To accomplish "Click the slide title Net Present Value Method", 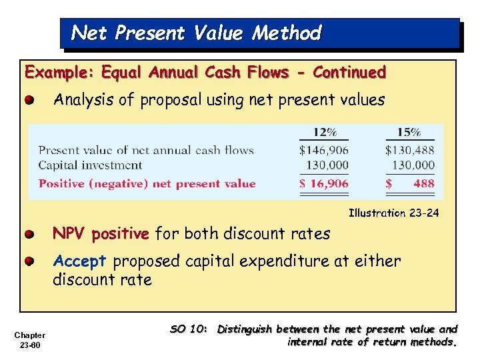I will [x=196, y=33].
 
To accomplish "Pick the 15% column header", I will [x=409, y=133].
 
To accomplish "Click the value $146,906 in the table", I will [x=323, y=150].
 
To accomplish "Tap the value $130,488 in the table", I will [x=409, y=150].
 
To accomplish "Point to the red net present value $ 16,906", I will [x=323, y=183].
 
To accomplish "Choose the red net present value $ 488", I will [x=409, y=183].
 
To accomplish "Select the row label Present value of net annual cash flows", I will [x=146, y=150].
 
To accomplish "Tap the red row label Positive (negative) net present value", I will [x=147, y=183].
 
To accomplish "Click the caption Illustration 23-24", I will [x=393, y=213].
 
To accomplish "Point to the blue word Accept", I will [x=79, y=261].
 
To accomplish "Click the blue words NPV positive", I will [x=101, y=234].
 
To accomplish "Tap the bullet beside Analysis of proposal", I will [x=30, y=101].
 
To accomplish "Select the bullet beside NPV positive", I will [x=30, y=235].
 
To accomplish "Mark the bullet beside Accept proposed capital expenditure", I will [x=30, y=261].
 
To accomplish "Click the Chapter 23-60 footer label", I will [x=29, y=339].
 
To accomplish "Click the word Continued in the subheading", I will [x=349, y=72].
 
